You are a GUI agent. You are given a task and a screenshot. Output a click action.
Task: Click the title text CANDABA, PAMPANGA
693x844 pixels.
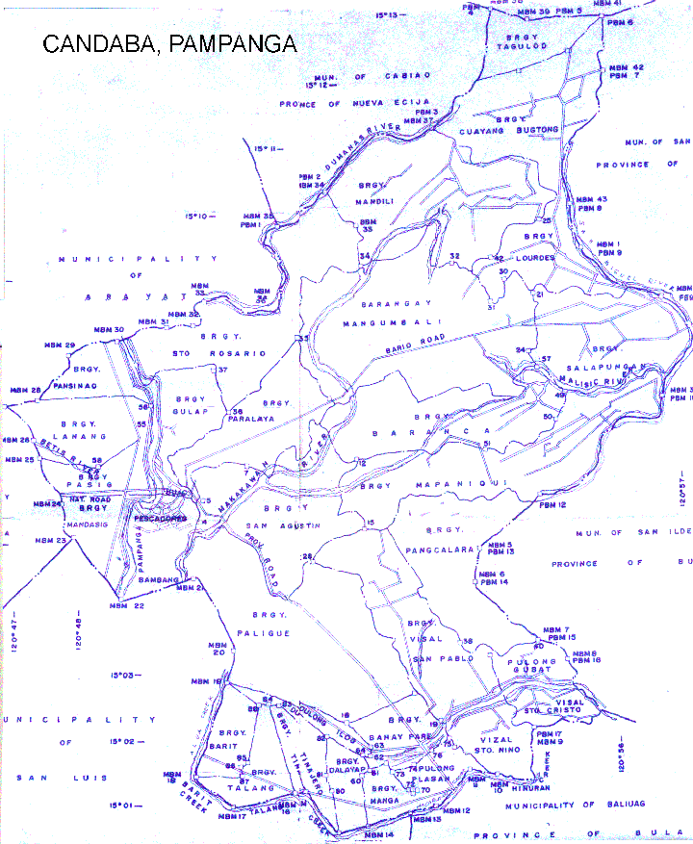coord(168,44)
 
